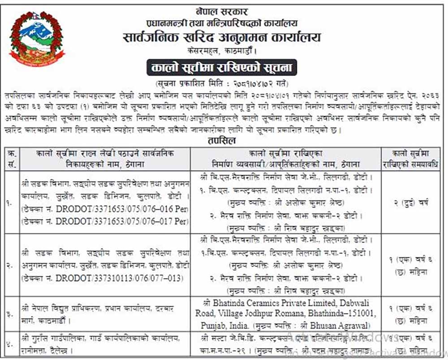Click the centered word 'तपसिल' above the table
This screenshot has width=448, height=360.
click(223, 140)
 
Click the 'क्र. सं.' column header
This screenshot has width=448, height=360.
click(10, 158)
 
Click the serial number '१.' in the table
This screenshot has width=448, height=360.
click(10, 203)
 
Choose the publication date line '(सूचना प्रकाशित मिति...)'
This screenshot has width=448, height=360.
click(223, 84)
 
